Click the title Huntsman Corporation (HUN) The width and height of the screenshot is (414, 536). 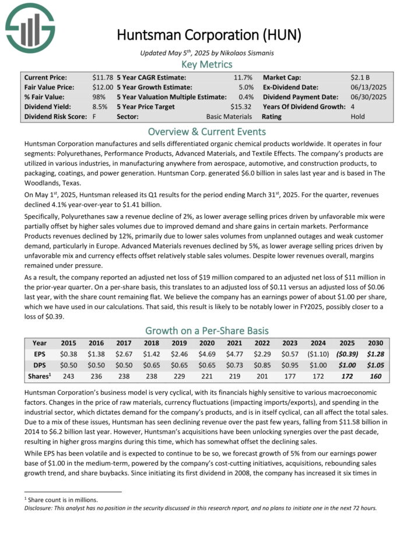pyautogui.click(x=209, y=34)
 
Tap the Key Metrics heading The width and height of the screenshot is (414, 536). pyautogui.click(x=207, y=64)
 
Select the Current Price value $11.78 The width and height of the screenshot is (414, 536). pyautogui.click(x=103, y=77)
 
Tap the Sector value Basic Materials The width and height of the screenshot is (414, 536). pyautogui.click(x=228, y=117)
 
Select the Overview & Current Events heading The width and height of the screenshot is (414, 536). pyautogui.click(x=207, y=131)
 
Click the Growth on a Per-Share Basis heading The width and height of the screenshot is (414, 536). pyautogui.click(x=207, y=330)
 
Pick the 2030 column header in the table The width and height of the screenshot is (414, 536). pyautogui.click(x=375, y=343)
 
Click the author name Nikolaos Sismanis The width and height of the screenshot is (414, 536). pyautogui.click(x=239, y=52)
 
